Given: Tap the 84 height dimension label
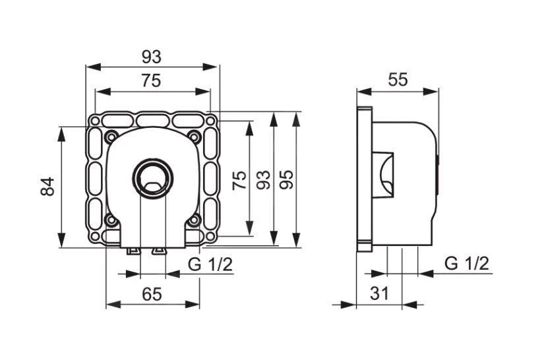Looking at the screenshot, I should click(x=47, y=187).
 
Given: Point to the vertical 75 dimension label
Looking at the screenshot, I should click(x=240, y=179).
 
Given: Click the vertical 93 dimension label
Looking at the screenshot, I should click(x=263, y=179).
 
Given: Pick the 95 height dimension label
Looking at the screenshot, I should click(x=287, y=179).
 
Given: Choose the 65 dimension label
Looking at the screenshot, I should click(x=152, y=294).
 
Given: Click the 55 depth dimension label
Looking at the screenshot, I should click(x=397, y=80).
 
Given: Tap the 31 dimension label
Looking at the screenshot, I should click(x=379, y=294).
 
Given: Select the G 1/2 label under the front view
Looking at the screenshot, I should click(x=210, y=264).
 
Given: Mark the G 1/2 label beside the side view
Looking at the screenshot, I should click(x=466, y=264).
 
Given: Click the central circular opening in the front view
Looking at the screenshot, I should click(x=153, y=177).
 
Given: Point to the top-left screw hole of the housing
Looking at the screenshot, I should click(x=111, y=137).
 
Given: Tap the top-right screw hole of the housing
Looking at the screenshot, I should click(x=195, y=137).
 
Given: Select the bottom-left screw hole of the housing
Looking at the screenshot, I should click(x=111, y=220).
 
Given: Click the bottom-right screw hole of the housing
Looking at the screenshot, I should click(x=195, y=220).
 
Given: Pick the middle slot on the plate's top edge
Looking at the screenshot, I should click(x=153, y=121).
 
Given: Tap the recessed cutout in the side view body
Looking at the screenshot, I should click(x=384, y=175).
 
